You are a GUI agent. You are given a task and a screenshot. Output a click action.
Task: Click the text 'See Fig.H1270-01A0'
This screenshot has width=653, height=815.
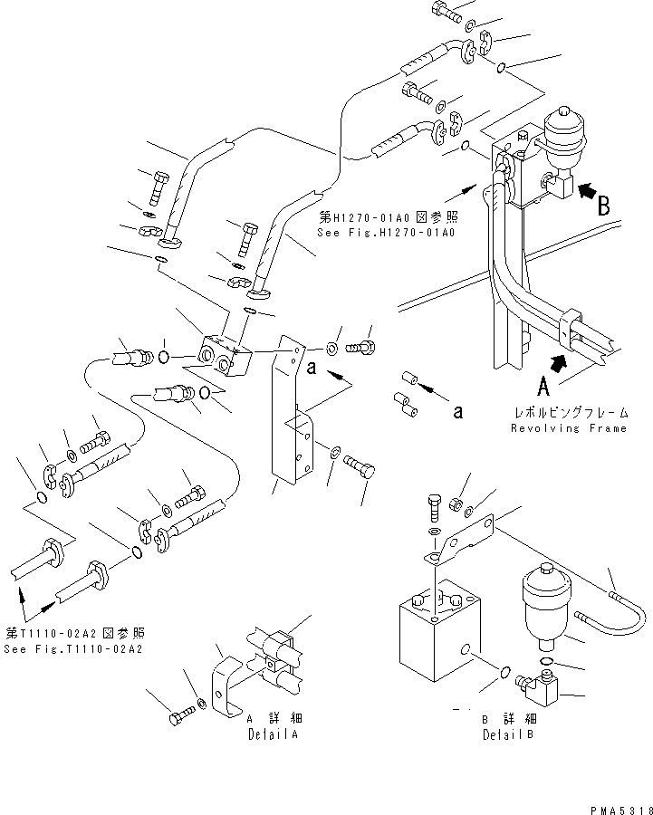point(386,233)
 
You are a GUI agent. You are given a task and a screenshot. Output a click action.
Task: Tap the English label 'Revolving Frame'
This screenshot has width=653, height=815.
point(568,428)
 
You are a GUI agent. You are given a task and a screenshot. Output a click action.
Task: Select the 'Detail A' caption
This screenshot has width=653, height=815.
point(272,734)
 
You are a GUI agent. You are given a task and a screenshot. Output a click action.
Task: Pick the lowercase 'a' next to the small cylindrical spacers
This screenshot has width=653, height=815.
point(458,412)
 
